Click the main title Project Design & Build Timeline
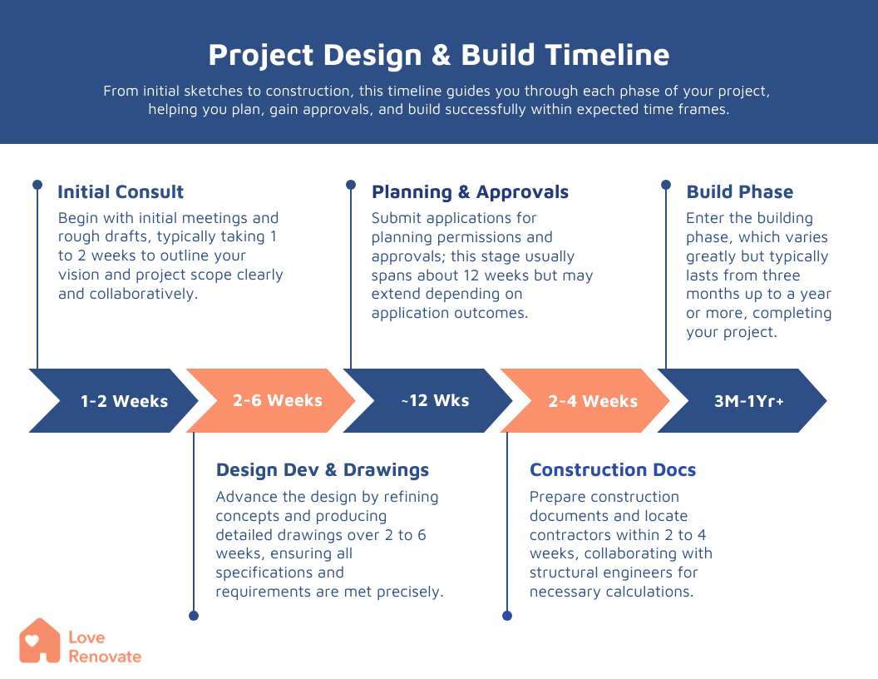point(438,56)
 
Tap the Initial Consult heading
point(121,192)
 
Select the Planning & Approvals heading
point(470,192)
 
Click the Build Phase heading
point(740,192)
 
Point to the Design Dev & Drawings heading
point(323,470)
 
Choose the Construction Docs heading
point(613,470)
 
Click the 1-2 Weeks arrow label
point(125,401)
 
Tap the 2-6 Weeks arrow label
point(278,400)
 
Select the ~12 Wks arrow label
point(435,400)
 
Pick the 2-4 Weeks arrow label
point(593,401)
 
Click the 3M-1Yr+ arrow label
point(748,401)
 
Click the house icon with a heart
point(40,641)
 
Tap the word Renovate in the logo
point(105,657)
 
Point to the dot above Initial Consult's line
point(37,185)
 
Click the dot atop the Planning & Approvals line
point(351,185)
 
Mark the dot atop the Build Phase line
point(666,185)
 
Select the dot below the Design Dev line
point(194,616)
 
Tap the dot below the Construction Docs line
point(507,616)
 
